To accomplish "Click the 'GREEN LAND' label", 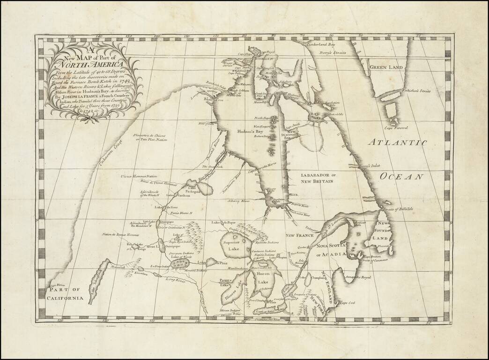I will click(x=386, y=67).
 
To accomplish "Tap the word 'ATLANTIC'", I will click(x=397, y=142).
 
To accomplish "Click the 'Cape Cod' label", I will click(x=348, y=303).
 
